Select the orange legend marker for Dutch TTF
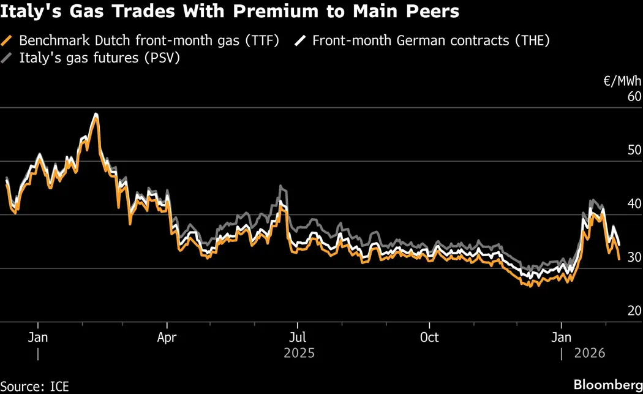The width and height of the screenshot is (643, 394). click(8, 41)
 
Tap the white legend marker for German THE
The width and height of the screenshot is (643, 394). click(301, 41)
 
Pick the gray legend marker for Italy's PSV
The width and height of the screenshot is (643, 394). click(8, 58)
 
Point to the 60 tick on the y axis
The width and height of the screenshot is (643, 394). click(634, 97)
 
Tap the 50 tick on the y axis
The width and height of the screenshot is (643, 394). click(634, 151)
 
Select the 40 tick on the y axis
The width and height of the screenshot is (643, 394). click(634, 204)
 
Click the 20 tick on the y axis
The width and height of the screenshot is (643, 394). click(634, 311)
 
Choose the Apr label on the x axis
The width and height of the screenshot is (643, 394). click(167, 338)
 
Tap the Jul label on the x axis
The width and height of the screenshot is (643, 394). click(298, 338)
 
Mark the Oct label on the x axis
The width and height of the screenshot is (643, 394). click(429, 338)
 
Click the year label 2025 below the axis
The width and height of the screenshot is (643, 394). click(299, 354)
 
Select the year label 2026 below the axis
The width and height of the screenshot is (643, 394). click(588, 354)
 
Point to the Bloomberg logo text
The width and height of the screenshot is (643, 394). click(603, 385)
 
